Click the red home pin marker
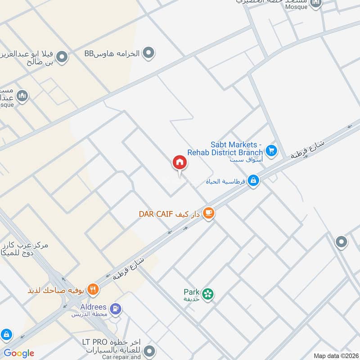[x=179, y=163]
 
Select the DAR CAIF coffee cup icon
[x=208, y=213]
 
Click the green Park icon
[x=207, y=294]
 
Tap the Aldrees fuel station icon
[x=117, y=309]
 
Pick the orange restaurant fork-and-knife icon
[x=93, y=289]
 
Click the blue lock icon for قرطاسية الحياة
[x=253, y=181]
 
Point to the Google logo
[x=18, y=353]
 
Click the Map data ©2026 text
[x=335, y=356]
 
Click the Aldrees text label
[x=93, y=307]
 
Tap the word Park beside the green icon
[x=191, y=292]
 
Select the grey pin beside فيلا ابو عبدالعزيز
[x=62, y=57]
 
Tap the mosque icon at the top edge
[x=316, y=4]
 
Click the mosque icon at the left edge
[x=22, y=96]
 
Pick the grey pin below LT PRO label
[x=150, y=350]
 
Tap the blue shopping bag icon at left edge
[x=6, y=334]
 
